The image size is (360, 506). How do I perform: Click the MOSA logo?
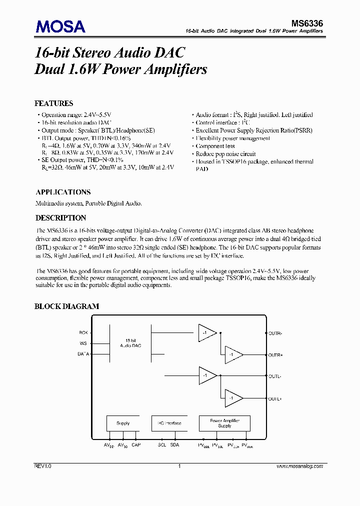point(59,26)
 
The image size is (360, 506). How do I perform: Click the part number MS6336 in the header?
point(307,23)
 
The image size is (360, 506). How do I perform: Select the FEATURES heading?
point(53,103)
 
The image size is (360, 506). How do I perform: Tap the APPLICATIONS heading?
point(63,192)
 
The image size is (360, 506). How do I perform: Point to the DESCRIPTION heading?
point(60,218)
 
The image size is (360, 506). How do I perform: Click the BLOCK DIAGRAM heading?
point(66,306)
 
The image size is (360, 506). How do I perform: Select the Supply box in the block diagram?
point(123,423)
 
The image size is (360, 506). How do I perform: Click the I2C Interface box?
point(169,423)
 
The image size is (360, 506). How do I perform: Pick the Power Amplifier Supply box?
point(224,423)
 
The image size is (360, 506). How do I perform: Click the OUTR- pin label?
point(275,332)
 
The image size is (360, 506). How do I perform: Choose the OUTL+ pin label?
point(275,398)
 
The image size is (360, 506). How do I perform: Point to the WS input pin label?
point(83,343)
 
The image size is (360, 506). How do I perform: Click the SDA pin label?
point(174,445)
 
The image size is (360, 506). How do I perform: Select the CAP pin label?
point(136,445)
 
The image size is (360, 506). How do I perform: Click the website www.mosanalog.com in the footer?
point(300,466)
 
